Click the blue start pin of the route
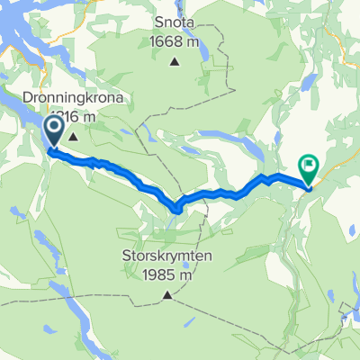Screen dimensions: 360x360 pyautogui.click(x=53, y=132)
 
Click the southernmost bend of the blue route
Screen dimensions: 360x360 pyautogui.click(x=177, y=209)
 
